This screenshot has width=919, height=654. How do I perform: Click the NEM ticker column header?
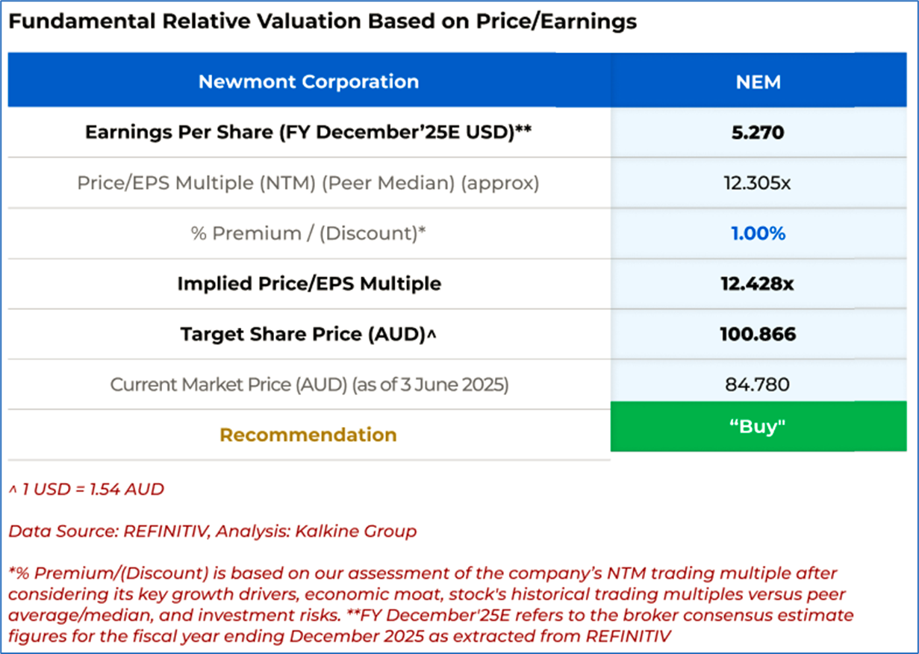point(758,81)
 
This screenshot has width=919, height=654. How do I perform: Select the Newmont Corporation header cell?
point(308,81)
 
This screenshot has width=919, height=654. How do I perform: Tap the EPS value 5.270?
point(758,132)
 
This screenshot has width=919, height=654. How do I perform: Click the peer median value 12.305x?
point(758,183)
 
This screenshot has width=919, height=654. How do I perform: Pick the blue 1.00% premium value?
point(758,234)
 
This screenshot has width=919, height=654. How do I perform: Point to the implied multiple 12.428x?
point(758,284)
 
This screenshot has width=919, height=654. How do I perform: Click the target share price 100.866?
point(758,334)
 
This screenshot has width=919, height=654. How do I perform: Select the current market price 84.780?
point(758,384)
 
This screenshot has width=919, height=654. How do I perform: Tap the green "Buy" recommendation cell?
point(758,426)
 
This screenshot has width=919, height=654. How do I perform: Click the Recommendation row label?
point(308,435)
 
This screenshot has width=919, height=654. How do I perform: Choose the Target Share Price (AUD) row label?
point(308,334)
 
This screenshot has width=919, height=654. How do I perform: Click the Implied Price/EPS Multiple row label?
point(308,284)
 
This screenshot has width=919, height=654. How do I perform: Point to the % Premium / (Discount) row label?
point(308,234)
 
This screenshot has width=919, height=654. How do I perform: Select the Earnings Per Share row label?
point(308,132)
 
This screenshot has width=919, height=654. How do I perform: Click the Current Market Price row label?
point(308,384)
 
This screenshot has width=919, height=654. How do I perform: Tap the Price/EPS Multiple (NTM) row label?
point(308,183)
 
